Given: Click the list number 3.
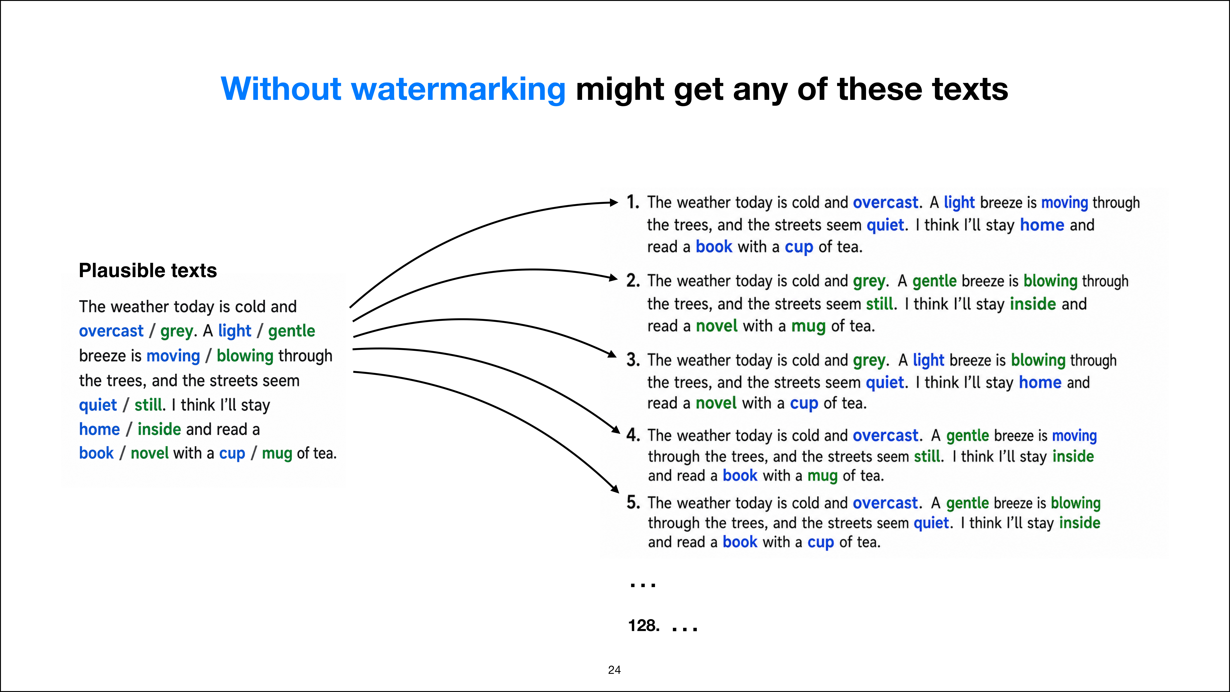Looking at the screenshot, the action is (633, 360).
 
